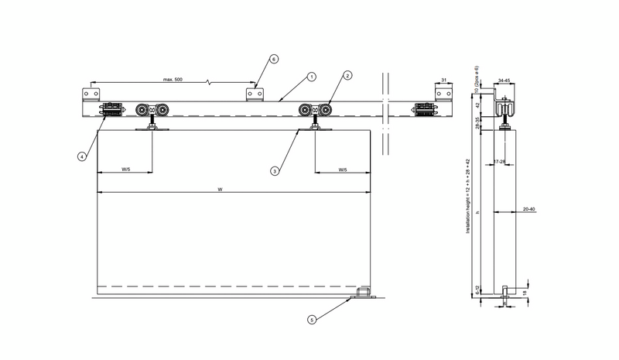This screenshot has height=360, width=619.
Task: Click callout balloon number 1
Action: tap(311, 77)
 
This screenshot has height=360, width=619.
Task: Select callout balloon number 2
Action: tap(347, 76)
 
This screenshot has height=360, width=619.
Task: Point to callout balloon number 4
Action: tap(81, 156)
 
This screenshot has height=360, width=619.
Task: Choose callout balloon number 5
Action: tap(311, 319)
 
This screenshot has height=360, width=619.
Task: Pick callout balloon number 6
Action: tap(273, 59)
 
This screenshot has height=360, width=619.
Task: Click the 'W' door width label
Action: tap(221, 188)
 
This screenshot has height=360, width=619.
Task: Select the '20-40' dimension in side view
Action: tap(528, 208)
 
